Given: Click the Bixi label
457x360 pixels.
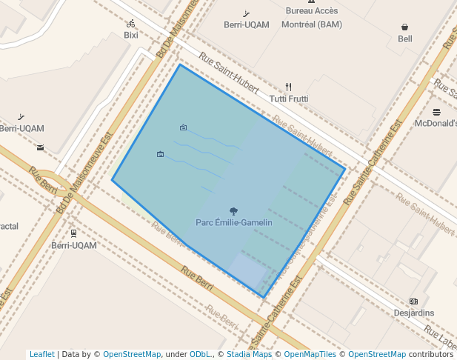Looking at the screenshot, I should pos(131,35).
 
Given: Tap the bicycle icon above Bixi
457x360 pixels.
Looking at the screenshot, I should pos(131,24).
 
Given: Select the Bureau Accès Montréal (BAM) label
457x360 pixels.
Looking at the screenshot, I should pos(311,18).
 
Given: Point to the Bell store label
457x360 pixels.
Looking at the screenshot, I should pos(405,39).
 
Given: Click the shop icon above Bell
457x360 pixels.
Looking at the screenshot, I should pos(405,27).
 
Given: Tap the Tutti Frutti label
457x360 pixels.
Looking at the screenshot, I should pos(289,99).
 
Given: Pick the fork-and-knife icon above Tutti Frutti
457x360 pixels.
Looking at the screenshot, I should pos(289,87).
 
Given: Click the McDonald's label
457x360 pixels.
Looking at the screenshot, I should pos(436,124).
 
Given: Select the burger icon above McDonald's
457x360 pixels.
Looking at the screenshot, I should pos(437,112).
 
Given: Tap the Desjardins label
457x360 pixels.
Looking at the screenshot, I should pos(414,313).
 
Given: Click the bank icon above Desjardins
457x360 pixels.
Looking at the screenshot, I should pos(414,301).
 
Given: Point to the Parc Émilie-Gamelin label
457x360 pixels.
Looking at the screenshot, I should pos(234,222).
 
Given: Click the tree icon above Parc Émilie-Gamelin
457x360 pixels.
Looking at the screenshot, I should pos(234,211).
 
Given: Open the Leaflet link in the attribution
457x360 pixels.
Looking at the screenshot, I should pos(41,354).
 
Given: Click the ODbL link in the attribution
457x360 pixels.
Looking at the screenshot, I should pos(199,354).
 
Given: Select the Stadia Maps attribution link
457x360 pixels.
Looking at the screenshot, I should pos(249,354).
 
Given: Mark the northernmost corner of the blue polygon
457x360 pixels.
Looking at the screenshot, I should pos(180,64).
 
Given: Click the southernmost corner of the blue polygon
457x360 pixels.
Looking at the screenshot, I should pos(264,298).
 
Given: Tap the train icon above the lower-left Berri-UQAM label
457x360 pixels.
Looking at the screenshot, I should pos(73,233).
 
